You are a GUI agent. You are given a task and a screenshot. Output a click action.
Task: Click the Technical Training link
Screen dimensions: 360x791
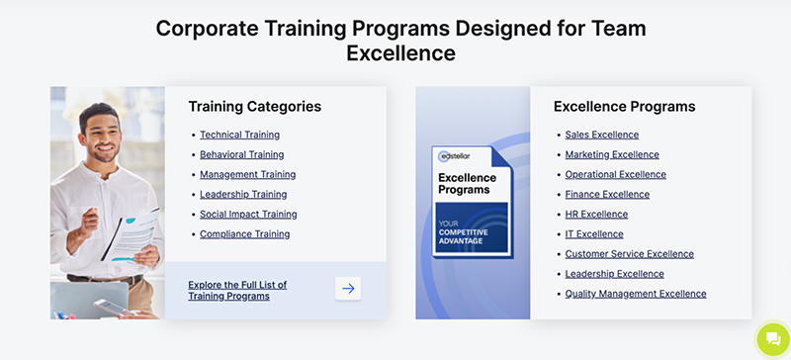tap(239, 135)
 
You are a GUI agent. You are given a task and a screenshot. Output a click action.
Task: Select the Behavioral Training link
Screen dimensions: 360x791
tap(241, 154)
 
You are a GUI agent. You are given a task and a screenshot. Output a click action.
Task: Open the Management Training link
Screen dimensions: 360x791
tap(247, 174)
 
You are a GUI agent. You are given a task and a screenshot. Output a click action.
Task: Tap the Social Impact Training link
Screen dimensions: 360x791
tap(248, 214)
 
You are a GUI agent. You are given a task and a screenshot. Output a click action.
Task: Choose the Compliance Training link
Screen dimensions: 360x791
tap(244, 234)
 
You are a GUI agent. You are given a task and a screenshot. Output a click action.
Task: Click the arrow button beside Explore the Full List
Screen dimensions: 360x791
tap(348, 289)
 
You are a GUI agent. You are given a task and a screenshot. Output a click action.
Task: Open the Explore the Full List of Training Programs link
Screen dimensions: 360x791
tap(236, 290)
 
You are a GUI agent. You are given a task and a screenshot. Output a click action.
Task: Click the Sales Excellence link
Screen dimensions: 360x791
tap(601, 135)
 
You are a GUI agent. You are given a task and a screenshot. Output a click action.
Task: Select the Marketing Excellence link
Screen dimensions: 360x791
tap(611, 154)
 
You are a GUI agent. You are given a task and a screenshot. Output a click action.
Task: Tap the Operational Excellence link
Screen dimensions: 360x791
tap(615, 174)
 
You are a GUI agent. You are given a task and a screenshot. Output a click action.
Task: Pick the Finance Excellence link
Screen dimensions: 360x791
tap(607, 194)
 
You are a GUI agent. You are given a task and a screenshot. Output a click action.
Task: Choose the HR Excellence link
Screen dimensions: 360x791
tap(595, 214)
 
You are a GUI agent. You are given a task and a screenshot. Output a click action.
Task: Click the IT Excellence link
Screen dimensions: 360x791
tap(593, 234)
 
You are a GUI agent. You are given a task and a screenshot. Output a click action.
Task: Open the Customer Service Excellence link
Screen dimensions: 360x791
tap(629, 254)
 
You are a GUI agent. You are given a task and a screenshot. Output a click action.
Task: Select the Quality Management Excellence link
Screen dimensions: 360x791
tap(635, 294)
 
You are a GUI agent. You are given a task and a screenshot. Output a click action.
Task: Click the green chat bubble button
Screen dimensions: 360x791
tap(772, 339)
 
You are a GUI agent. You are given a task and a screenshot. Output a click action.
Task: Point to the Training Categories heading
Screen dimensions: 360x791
tap(254, 107)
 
